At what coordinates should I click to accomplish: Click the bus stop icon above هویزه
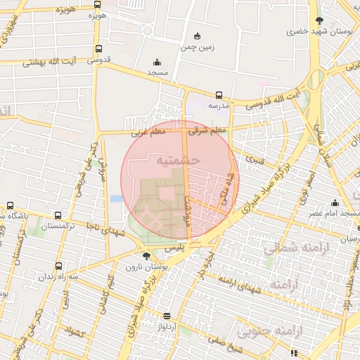coord(97,4)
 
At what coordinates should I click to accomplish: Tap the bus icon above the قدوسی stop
coord(98,49)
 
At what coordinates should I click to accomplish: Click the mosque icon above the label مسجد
coord(156,62)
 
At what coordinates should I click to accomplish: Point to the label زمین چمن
coord(197,48)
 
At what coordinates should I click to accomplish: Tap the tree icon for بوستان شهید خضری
coord(320,20)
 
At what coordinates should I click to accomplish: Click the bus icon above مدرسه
coord(219,95)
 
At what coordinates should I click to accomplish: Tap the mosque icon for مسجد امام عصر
coord(335,202)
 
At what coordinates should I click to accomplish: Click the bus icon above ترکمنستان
coord(58,216)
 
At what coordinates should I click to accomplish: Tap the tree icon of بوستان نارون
coord(146,256)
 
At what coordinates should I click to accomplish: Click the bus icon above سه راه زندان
coord(58,266)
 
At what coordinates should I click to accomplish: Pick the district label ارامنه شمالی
coord(290,247)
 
